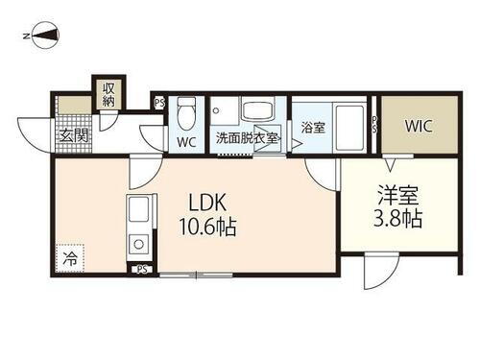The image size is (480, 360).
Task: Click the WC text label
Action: coord(186,142)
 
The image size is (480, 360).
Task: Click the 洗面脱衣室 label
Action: coord(246,138)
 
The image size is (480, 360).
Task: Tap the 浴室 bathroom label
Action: coord(313,127)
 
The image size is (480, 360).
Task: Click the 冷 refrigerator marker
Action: coord(70,257)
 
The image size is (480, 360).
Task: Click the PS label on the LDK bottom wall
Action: coord(142,270)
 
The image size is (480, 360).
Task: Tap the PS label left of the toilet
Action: coord(159,101)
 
